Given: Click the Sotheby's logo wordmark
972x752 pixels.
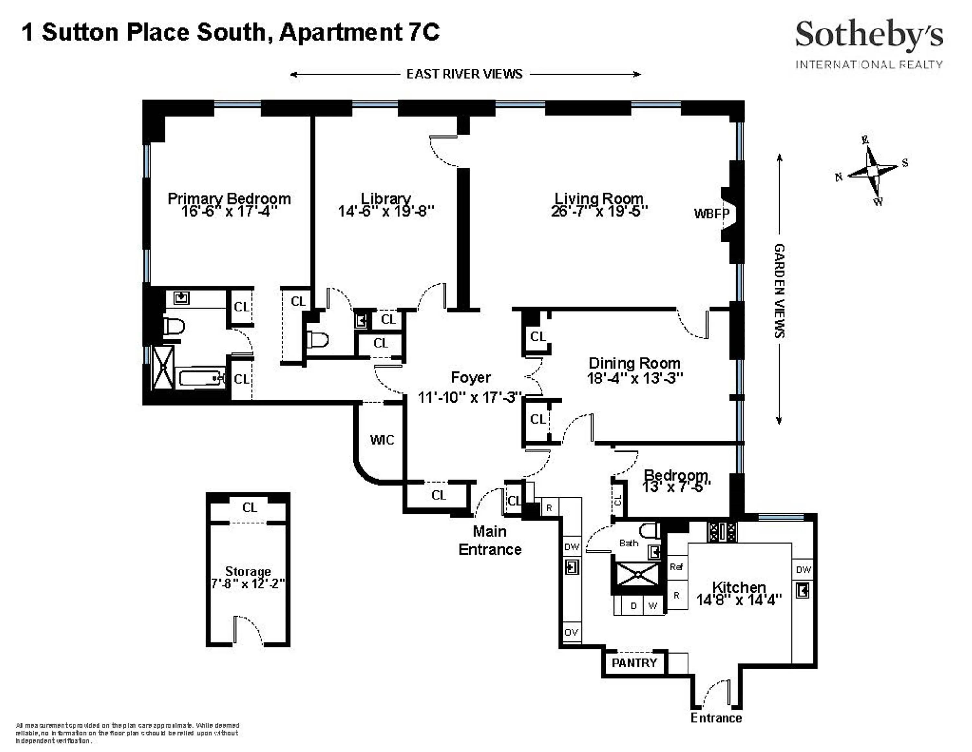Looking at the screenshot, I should [868, 35].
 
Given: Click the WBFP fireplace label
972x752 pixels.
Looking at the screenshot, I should [711, 214].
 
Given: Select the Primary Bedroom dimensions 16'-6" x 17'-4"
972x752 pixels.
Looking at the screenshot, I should [229, 211].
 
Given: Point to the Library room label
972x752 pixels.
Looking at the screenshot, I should [386, 198].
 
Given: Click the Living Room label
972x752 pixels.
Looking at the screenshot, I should [599, 198].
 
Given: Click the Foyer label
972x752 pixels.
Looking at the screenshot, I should [470, 378].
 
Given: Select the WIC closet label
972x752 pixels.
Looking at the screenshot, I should [382, 440].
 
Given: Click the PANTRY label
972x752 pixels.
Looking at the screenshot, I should [634, 663].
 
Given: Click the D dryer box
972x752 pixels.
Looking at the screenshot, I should [634, 606].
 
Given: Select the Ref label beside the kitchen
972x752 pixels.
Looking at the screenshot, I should [676, 567].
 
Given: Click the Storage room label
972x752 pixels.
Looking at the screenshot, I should [248, 571].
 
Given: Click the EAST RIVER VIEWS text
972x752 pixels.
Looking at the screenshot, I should [464, 74].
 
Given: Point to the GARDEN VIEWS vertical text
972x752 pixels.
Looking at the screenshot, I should [779, 291].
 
